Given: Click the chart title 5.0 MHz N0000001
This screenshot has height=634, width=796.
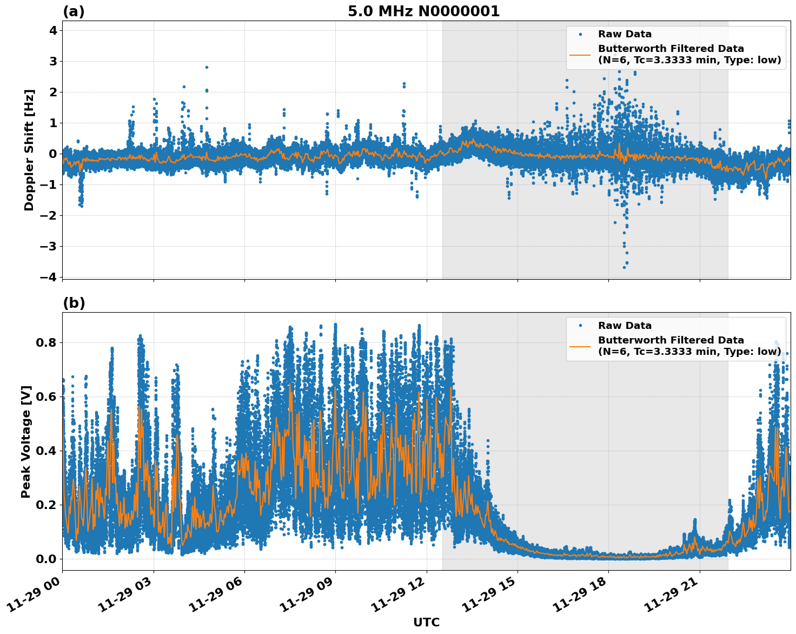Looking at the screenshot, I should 423,11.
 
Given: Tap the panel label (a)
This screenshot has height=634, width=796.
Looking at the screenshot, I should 74,11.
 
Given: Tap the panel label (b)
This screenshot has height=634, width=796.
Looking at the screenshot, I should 74,303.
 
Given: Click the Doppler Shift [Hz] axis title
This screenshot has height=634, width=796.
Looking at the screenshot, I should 29,150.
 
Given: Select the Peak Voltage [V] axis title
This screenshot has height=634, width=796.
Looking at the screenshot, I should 26,441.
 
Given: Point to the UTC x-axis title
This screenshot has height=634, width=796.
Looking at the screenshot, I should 426,622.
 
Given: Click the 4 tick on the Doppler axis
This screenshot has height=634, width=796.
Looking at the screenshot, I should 53,30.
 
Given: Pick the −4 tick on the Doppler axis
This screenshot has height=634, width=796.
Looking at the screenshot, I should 49,277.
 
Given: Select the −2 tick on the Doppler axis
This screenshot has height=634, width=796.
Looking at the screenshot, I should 49,215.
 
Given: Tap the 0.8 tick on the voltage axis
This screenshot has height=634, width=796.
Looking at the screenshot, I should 47,342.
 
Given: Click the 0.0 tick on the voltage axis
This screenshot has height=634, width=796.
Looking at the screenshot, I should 47,559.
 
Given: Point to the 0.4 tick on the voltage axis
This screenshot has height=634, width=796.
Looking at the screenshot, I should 47,451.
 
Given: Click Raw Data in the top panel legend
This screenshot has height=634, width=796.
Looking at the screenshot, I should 625,34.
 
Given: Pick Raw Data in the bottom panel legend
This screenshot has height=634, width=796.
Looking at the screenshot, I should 625,326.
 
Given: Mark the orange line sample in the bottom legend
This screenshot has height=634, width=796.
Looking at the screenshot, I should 580,346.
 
